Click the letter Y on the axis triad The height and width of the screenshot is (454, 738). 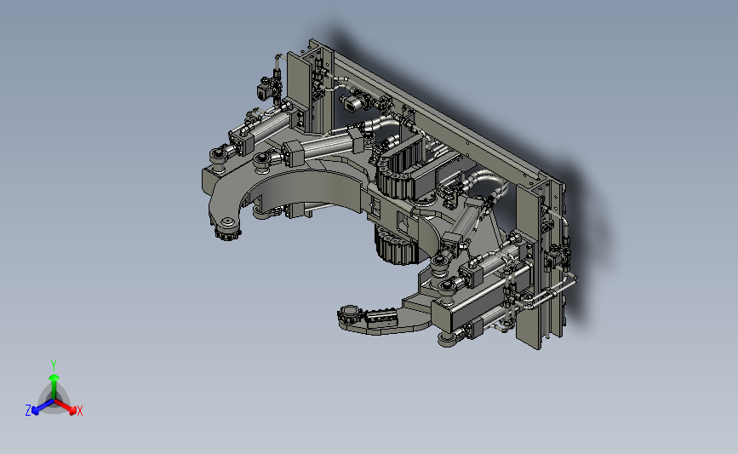pos(54,365)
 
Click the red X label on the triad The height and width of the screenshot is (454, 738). pos(79,411)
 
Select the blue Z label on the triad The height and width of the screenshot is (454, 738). pos(28,411)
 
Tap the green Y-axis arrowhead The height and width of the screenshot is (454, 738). pos(54,378)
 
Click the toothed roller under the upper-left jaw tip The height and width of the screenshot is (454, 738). pos(227,233)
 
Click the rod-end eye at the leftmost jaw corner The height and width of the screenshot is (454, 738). pos(218,155)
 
